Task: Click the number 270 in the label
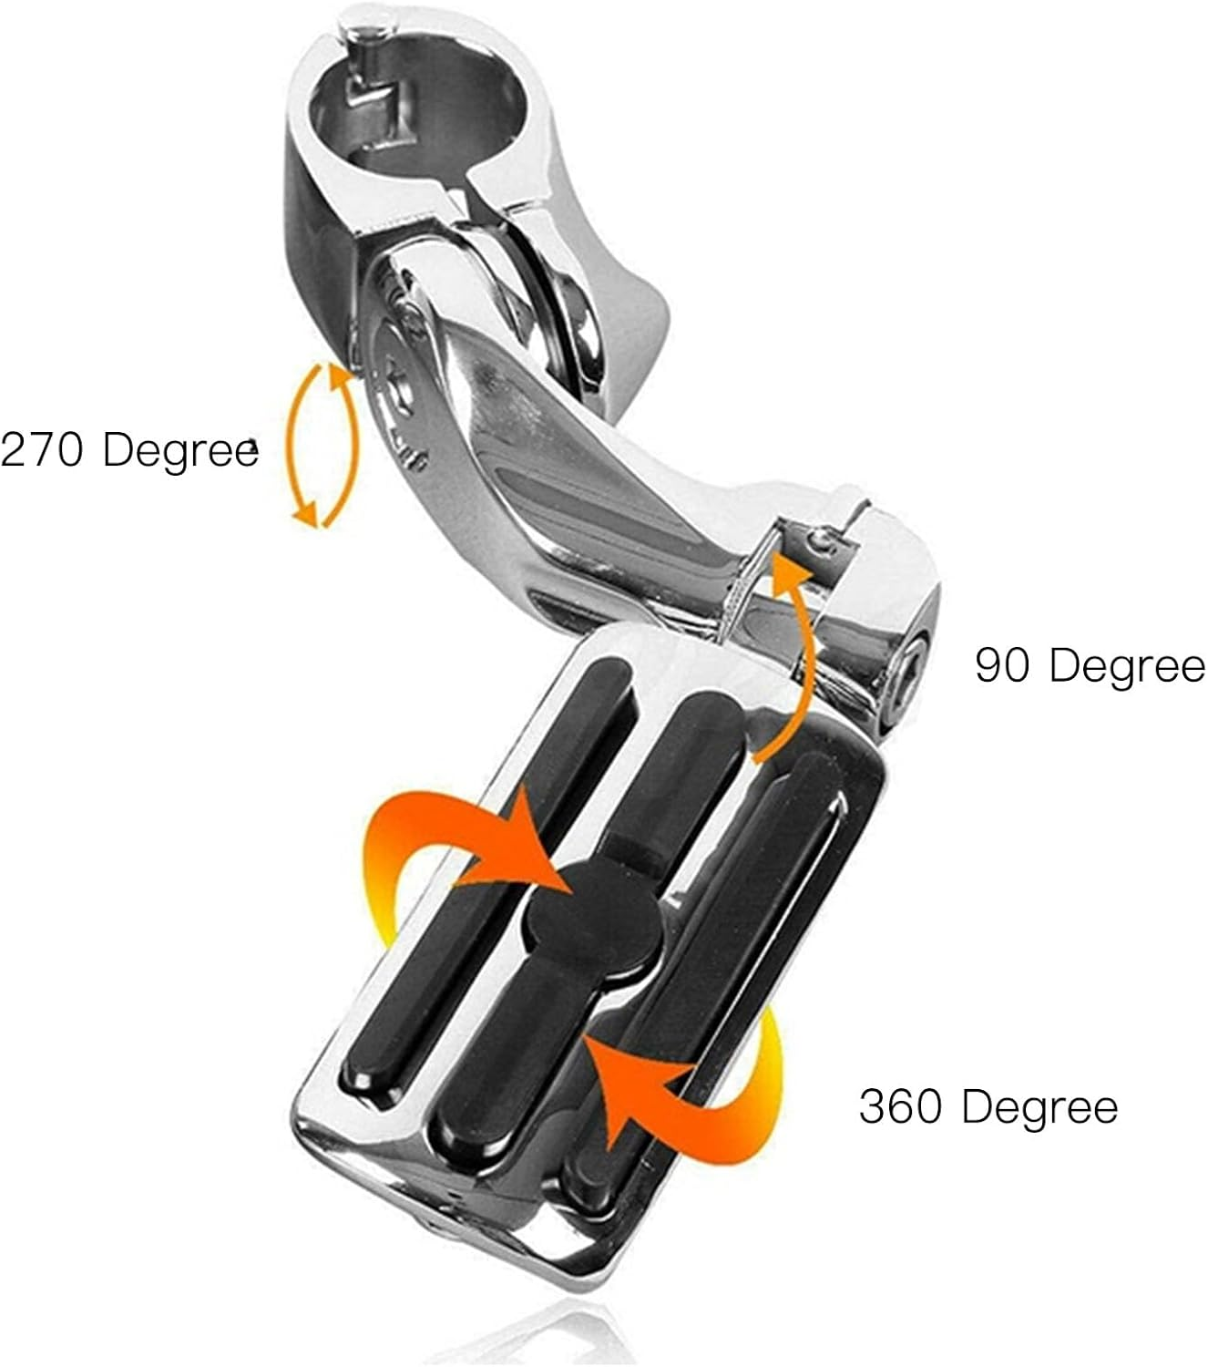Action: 44,450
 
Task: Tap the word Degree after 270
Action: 180,450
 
